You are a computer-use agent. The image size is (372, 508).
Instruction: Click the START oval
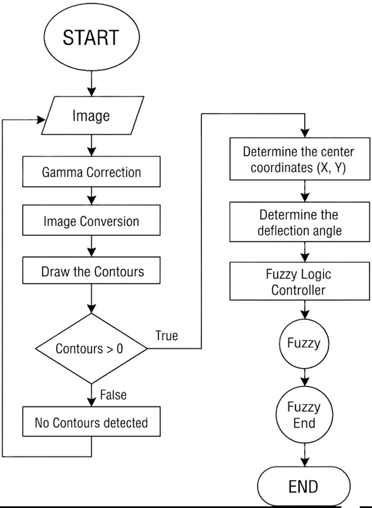[92, 37]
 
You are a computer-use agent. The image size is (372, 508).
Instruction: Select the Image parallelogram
[92, 115]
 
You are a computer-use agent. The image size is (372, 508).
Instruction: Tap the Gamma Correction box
[91, 172]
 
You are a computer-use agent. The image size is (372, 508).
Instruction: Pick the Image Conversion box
[91, 220]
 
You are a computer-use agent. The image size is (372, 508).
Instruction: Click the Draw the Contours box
[91, 270]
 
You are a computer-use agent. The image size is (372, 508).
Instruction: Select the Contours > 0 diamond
[91, 349]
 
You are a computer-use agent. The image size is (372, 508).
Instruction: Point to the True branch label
[166, 336]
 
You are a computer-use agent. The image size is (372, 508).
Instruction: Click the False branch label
[113, 395]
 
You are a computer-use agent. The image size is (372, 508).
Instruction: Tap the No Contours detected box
[91, 421]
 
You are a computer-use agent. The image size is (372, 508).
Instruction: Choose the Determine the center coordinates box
[300, 159]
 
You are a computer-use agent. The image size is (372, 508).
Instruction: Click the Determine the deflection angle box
[300, 222]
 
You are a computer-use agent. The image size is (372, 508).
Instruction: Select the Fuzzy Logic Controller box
[300, 281]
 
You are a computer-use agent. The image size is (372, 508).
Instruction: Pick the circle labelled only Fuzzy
[304, 344]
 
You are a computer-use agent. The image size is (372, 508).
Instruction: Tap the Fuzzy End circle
[305, 415]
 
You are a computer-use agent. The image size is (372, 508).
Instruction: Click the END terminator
[304, 486]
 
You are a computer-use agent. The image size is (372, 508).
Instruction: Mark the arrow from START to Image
[92, 84]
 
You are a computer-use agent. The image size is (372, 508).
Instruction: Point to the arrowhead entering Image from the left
[41, 120]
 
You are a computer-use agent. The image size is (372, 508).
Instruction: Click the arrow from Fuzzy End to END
[305, 455]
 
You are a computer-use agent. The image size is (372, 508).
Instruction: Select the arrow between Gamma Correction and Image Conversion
[92, 196]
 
